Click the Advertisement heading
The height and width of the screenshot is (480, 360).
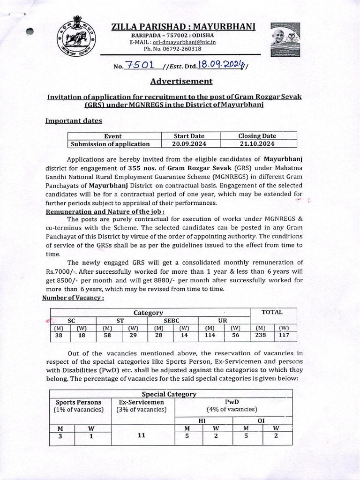tap(181, 81)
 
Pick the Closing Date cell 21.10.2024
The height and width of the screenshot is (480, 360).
tap(257, 144)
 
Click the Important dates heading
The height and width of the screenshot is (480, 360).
tap(73, 120)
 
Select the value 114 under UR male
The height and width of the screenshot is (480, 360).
tap(212, 335)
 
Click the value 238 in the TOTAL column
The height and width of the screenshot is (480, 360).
tap(260, 335)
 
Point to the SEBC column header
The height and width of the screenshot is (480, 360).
tap(171, 320)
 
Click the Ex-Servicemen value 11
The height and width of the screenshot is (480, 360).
tap(141, 435)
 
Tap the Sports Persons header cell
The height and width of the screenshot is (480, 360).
tap(78, 405)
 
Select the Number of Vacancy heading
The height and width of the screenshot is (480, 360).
tap(73, 298)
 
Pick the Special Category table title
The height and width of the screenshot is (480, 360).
tap(169, 394)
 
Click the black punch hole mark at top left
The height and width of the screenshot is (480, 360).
tap(30, 31)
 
